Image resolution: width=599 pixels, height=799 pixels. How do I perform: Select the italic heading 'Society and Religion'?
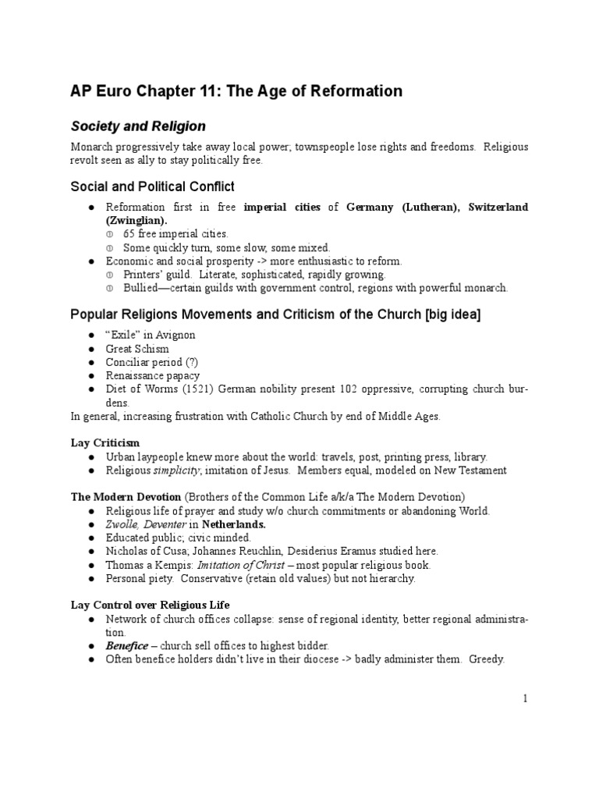pyautogui.click(x=138, y=126)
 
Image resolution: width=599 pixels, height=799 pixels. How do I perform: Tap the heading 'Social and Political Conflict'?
pyautogui.click(x=153, y=186)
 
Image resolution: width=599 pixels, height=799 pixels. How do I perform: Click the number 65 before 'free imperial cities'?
pyautogui.click(x=129, y=233)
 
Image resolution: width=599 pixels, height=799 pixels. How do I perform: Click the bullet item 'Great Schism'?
pyautogui.click(x=137, y=349)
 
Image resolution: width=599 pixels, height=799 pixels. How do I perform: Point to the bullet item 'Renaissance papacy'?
pyautogui.click(x=153, y=375)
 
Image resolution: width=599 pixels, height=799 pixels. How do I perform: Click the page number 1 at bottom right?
pyautogui.click(x=525, y=698)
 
